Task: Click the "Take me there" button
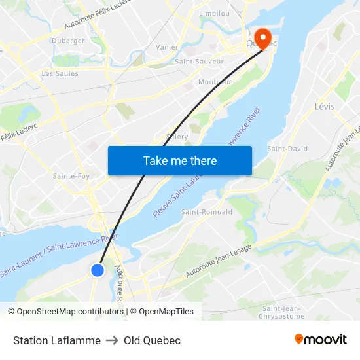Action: [179, 160]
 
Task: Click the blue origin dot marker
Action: [98, 270]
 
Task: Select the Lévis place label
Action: [325, 107]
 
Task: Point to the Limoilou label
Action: [214, 13]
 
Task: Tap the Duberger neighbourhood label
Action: [68, 41]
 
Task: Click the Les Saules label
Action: [60, 74]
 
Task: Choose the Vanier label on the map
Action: [167, 48]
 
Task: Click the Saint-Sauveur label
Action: [199, 62]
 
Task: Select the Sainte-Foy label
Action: [71, 176]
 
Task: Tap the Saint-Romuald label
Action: [207, 212]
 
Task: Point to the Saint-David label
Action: [287, 149]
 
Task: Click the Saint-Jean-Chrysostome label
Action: [283, 312]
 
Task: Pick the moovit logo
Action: [321, 340]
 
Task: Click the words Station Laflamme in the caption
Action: [57, 340]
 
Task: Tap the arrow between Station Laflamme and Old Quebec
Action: [112, 340]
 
